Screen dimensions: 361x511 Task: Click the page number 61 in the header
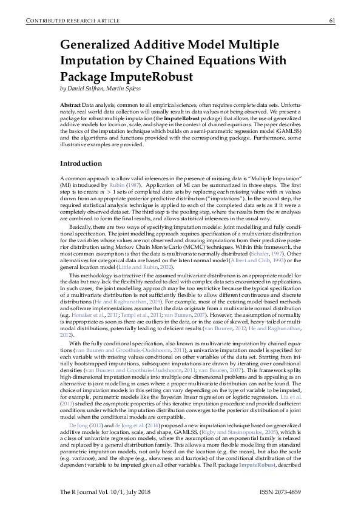[x=332, y=21]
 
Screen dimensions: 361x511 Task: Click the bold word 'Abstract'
[x=70, y=105]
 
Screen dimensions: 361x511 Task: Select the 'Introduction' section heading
[x=81, y=164]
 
